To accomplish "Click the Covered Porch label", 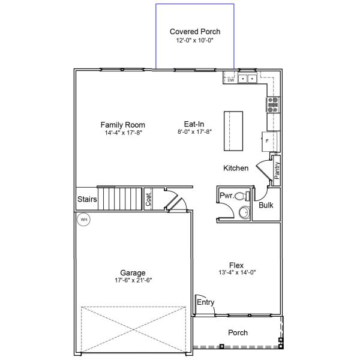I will pos(195,31).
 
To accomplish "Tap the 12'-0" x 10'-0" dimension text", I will pos(195,40).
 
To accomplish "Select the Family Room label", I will pos(123,124).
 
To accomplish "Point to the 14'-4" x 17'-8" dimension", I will pos(123,133).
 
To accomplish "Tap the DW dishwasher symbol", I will pos(230,80).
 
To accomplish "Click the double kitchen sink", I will pos(247,79).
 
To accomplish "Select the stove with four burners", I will pos(273,105).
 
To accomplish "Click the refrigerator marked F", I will pos(271,140).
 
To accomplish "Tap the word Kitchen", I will pos(236,169).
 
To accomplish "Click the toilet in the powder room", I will pos(241,196).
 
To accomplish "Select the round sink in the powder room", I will pos(243,212).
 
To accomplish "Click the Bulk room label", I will pos(266,205).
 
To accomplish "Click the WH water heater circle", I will pos(84,220).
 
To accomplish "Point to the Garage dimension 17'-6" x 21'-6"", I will pos(132,281).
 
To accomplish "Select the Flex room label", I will pos(236,265).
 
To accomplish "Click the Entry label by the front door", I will pos(205,302).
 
